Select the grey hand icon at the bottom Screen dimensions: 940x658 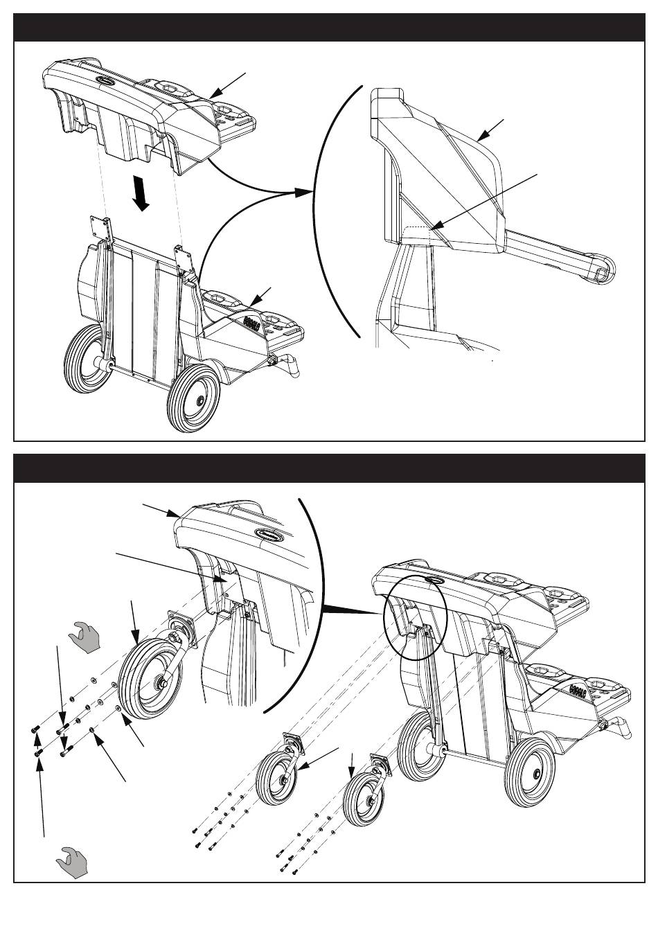tap(72, 862)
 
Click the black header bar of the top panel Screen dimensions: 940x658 tap(330, 28)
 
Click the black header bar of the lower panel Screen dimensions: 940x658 tap(330, 469)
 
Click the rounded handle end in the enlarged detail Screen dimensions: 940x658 tap(601, 269)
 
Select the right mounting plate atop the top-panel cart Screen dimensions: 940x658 tap(184, 258)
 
